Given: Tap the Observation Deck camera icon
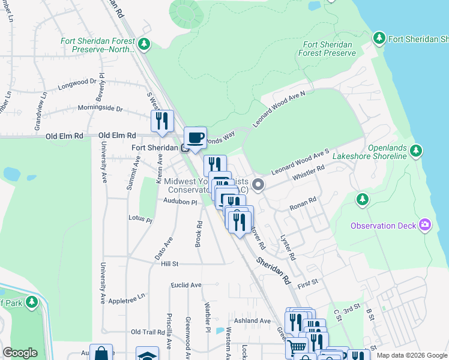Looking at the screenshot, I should [426, 225].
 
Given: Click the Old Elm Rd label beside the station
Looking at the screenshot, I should [117, 136].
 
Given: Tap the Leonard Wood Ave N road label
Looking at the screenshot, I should [279, 109].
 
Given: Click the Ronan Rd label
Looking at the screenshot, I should [303, 203].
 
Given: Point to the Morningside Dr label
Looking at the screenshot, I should [100, 109].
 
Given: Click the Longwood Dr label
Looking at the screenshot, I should [77, 84].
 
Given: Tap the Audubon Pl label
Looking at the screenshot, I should [180, 203].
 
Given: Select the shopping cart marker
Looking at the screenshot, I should [297, 346].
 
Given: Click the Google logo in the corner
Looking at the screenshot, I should [20, 353].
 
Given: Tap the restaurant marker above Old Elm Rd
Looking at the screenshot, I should [162, 121].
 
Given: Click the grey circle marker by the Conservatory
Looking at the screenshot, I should [259, 184].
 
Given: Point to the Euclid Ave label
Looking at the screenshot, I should [186, 285].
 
